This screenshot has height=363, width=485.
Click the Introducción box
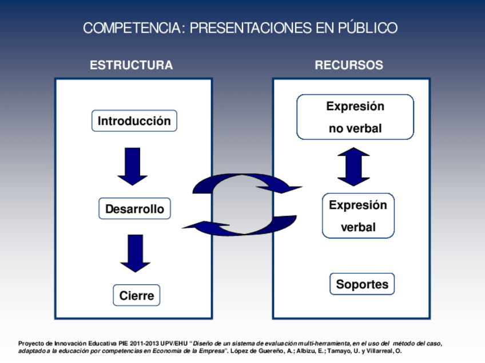[x=134, y=121]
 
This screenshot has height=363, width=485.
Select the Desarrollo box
[x=134, y=209]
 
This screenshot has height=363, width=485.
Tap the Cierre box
[x=137, y=296]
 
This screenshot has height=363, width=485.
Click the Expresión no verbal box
[x=355, y=117]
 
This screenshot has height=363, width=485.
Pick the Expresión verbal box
[x=358, y=216]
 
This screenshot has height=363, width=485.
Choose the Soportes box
[x=362, y=284]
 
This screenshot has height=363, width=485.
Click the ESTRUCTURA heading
[x=131, y=65]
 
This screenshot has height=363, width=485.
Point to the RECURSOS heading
[x=349, y=65]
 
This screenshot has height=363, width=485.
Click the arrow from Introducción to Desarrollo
[x=133, y=166]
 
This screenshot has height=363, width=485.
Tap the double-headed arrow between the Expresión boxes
[x=353, y=166]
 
